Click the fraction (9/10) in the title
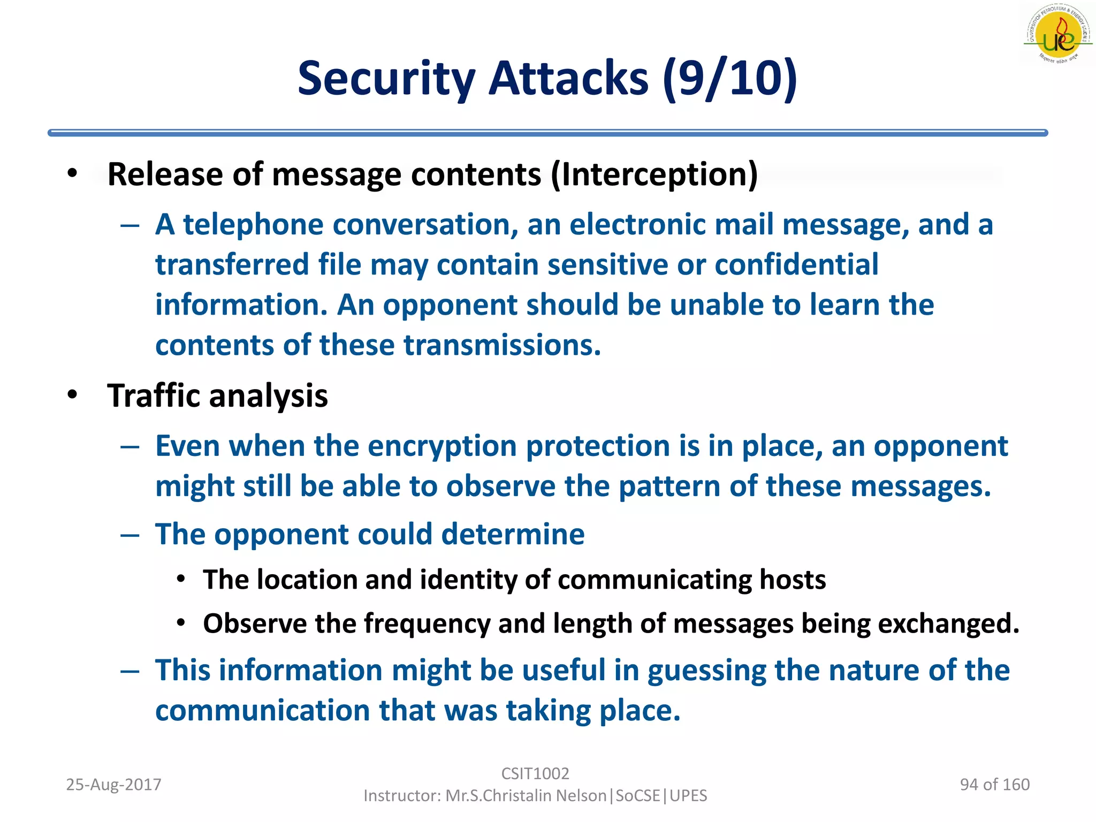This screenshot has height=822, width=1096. (730, 78)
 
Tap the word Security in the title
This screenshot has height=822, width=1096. (386, 78)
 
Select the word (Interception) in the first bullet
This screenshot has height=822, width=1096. (654, 174)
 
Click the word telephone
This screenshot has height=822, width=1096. (253, 224)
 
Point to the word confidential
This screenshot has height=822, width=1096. (796, 264)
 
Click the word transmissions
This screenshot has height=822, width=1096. (502, 345)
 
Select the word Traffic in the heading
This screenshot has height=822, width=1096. (153, 396)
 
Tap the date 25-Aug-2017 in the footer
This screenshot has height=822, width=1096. (113, 785)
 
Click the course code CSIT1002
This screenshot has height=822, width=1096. (535, 773)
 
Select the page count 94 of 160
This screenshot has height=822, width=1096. (994, 785)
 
